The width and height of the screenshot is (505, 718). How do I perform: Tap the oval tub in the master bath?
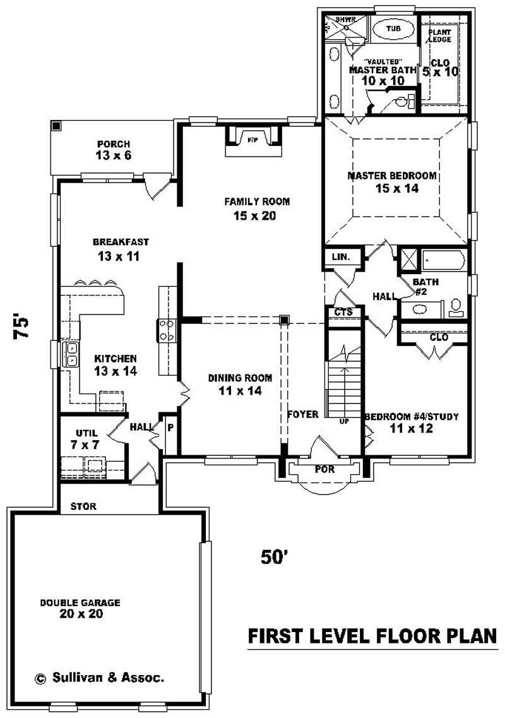[x=393, y=29]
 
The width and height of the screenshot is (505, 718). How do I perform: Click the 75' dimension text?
[x=22, y=326]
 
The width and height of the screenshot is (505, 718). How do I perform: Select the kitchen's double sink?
[x=71, y=354]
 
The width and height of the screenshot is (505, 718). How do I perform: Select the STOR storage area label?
[x=83, y=506]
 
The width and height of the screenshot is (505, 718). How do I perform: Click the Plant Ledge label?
[x=440, y=36]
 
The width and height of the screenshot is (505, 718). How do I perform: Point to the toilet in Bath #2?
[x=456, y=308]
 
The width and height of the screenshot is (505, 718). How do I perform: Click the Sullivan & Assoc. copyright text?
[x=99, y=678]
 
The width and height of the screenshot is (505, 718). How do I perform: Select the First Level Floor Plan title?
[x=372, y=636]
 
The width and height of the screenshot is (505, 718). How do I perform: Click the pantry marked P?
[x=169, y=427]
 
